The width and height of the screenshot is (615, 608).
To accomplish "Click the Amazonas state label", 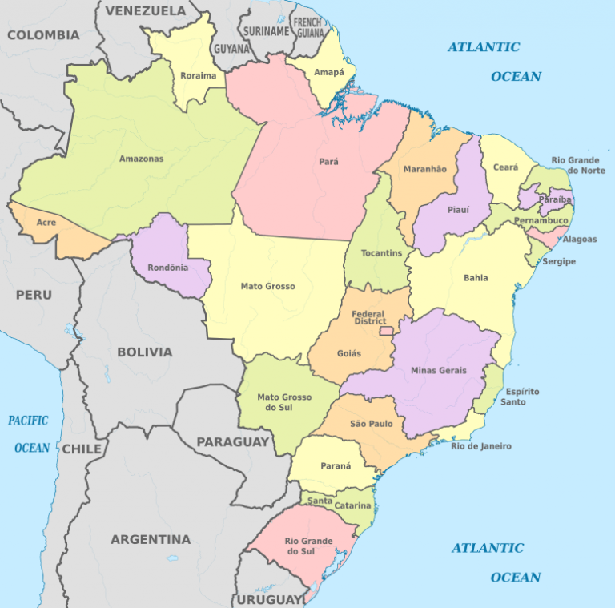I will coord(141,159).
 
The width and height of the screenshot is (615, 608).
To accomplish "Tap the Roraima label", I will coord(199,76).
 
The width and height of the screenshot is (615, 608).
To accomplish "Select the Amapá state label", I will coord(328,72).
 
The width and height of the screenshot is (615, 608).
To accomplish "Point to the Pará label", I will coord(328,162).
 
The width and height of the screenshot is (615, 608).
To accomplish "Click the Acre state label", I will coord(46,223).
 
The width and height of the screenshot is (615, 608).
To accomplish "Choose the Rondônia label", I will coord(168,268).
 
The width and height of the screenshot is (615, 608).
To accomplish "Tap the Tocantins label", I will coord(376,252).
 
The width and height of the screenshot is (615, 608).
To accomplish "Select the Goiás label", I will coord(349,353).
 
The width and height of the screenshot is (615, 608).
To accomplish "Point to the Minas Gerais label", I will coord(437,370).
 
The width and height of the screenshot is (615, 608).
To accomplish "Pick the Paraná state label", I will coord(336,466).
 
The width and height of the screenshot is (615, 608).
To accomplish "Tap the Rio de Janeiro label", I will coord(480,446).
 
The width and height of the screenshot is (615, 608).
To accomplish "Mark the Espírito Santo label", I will coord(521,397).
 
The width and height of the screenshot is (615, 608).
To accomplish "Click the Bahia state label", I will coord(475,279).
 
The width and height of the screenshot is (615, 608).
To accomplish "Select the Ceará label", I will coord(505,167).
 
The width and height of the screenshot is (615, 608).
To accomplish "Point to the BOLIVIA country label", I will coord(144,352).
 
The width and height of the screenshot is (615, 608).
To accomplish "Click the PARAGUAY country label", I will coord(233,441).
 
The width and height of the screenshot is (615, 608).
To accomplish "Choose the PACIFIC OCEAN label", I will coord(30,433).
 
